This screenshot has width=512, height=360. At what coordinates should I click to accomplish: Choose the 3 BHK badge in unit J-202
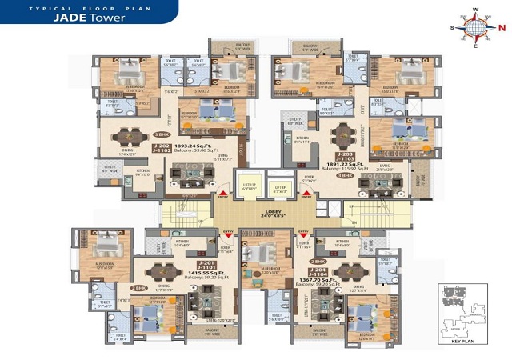coord(162,134)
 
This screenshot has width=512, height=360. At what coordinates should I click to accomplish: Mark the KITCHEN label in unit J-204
coord(342,241)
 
